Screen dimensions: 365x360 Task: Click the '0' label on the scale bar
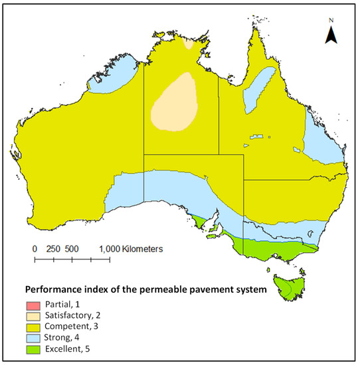pyautogui.click(x=35, y=248)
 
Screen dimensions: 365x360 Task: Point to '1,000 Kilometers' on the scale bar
pyautogui.click(x=131, y=248)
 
